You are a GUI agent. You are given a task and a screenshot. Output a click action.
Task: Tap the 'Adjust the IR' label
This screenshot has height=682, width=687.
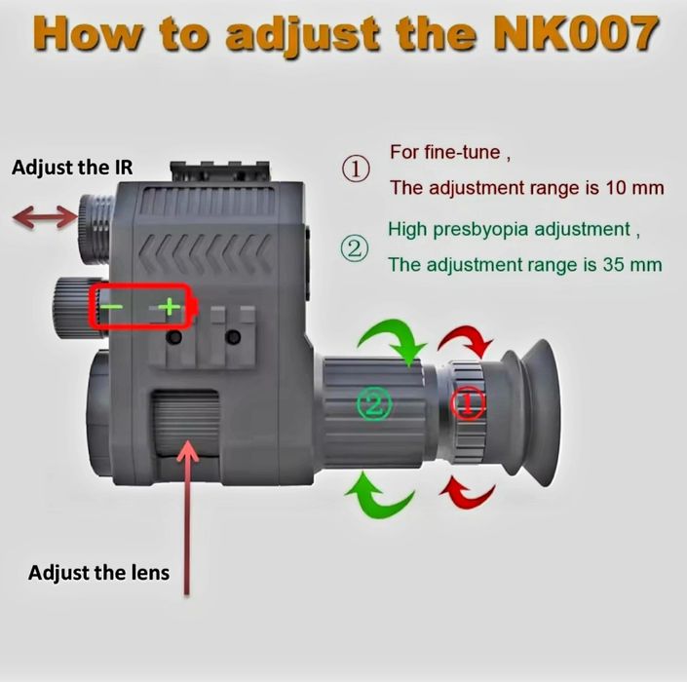pos(72,168)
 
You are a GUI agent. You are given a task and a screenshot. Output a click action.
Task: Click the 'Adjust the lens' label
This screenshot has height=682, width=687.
pos(98,572)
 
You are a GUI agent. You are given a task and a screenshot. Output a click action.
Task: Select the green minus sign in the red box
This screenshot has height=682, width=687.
pos(114,308)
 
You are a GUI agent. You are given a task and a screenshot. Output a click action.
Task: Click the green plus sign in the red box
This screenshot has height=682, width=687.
pos(170,308)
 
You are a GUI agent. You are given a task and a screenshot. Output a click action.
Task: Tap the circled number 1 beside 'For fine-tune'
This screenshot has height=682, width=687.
pos(355,170)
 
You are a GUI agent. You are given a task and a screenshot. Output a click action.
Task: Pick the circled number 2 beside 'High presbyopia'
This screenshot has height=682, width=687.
pos(355,248)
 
